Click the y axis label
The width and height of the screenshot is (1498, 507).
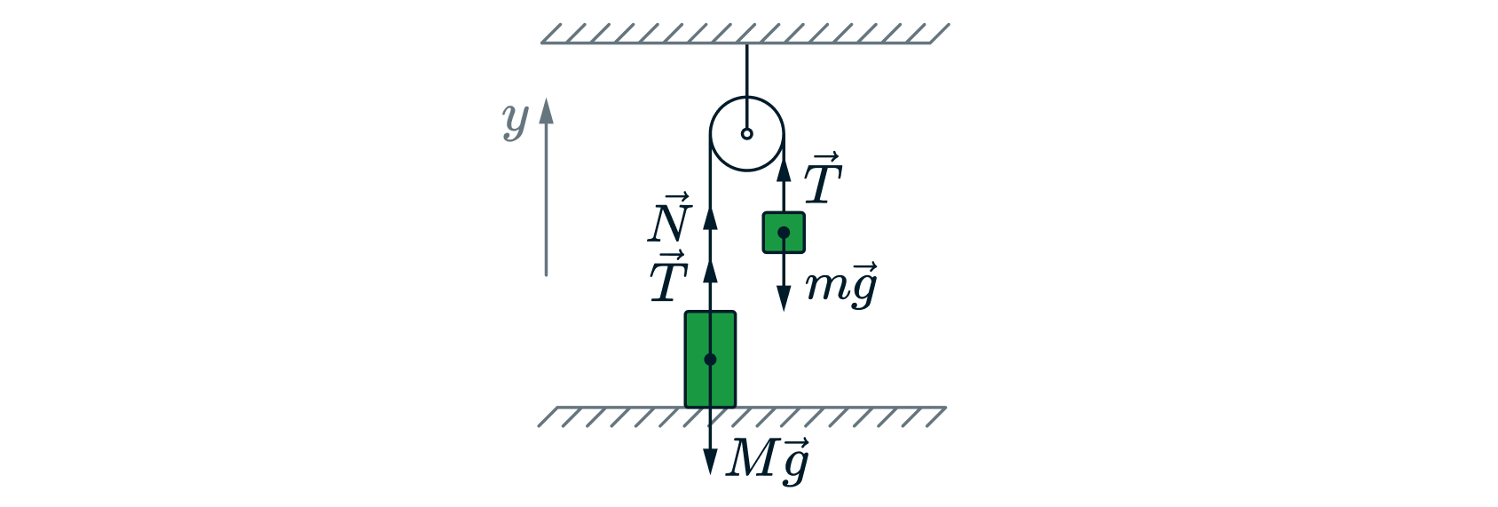(515, 120)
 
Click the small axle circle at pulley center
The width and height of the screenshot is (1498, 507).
(747, 134)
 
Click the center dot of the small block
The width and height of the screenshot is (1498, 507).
(784, 233)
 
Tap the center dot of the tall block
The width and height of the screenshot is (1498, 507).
(710, 360)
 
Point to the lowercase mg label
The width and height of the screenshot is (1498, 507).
(841, 285)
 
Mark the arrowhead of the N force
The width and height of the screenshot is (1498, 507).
(710, 218)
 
